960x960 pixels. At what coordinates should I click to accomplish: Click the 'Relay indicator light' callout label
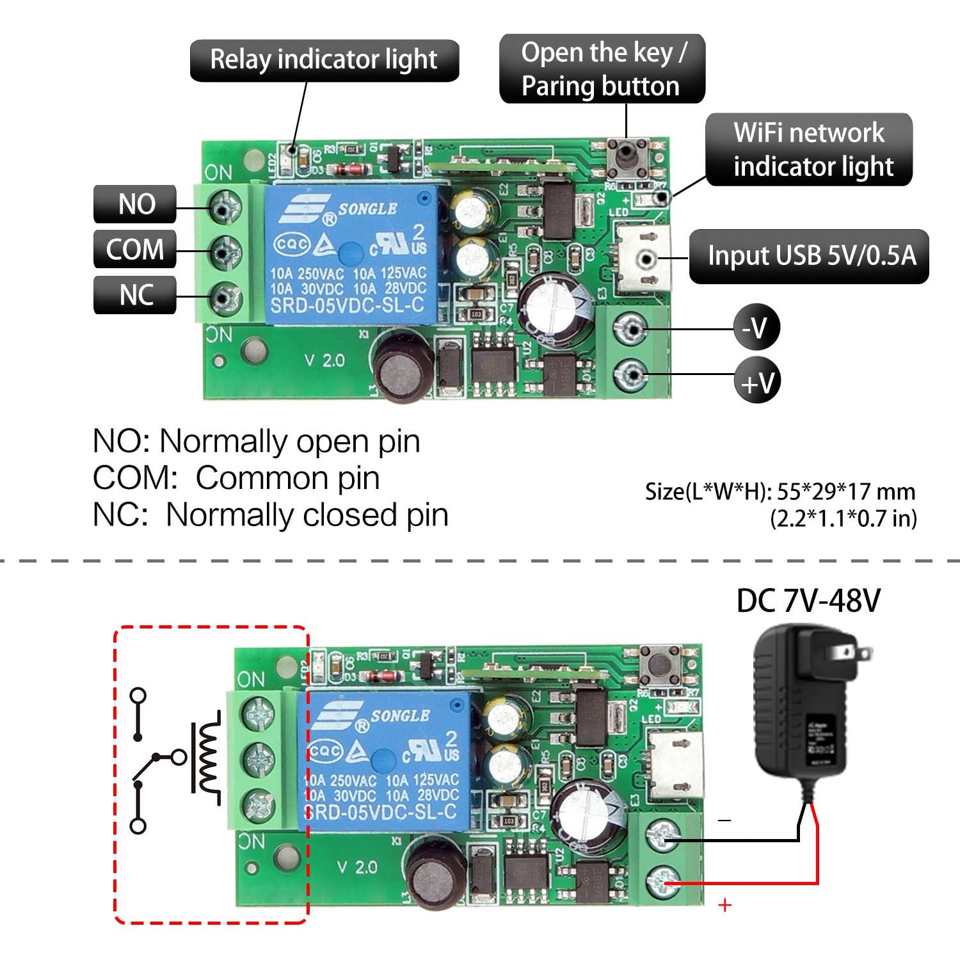[324, 60]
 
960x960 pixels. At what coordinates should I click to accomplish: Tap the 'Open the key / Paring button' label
[602, 69]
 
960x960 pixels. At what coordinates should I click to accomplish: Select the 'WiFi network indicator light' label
[809, 150]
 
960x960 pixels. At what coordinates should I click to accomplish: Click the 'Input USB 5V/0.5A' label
[809, 256]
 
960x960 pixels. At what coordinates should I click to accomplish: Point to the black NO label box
[135, 205]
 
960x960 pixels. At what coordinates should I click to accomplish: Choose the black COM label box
[135, 250]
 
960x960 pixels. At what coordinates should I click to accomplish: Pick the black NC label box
[135, 295]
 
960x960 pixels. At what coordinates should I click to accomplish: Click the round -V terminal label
[756, 328]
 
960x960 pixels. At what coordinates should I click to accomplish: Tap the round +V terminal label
[757, 381]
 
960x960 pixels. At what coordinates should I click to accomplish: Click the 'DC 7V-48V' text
[808, 601]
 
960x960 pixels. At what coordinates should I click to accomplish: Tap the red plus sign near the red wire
[724, 905]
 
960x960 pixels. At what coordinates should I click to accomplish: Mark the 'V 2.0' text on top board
[324, 360]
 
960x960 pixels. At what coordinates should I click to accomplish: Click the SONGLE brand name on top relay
[367, 209]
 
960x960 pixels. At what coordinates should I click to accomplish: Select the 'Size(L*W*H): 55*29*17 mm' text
[780, 492]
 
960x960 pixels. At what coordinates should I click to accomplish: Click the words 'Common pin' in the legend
[287, 478]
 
